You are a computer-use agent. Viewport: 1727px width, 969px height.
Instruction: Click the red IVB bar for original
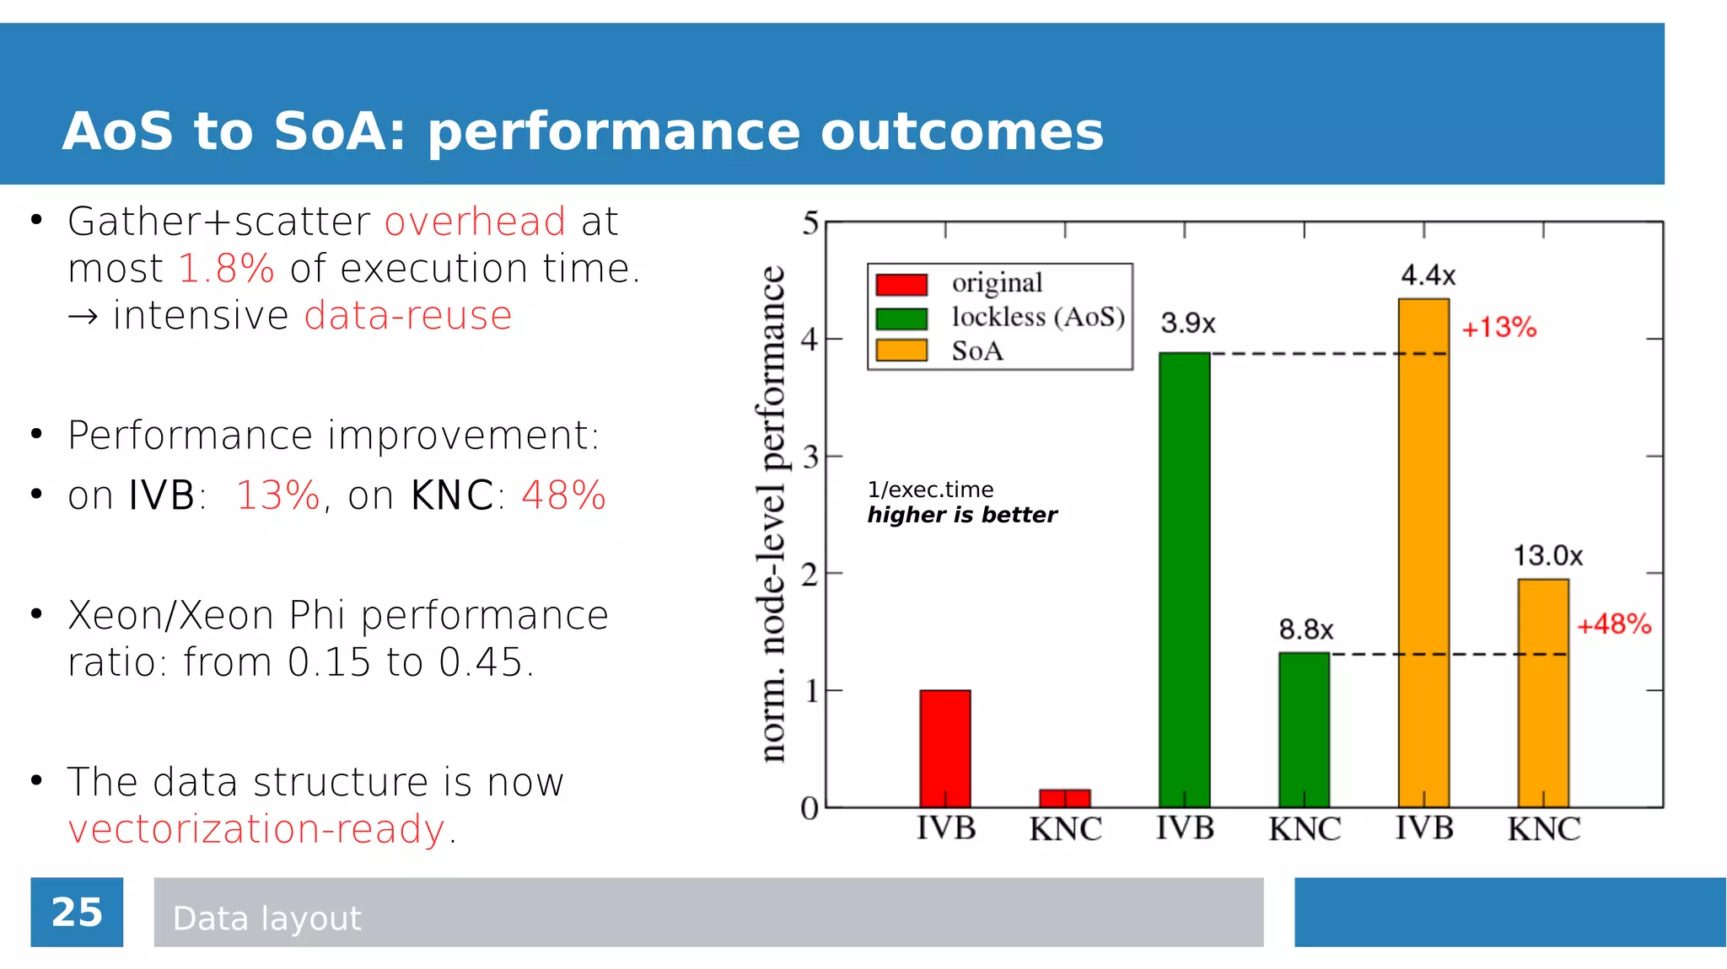click(944, 748)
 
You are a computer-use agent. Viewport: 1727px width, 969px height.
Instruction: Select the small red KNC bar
click(1064, 798)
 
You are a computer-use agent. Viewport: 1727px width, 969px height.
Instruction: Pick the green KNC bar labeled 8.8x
click(1304, 730)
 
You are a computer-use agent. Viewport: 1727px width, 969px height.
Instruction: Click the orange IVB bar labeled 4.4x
click(1423, 553)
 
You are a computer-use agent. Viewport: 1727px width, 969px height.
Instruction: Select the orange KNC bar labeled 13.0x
click(1543, 693)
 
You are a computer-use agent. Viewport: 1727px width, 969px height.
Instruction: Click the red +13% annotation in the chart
click(1498, 328)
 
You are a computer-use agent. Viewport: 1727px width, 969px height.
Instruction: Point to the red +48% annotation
click(1613, 624)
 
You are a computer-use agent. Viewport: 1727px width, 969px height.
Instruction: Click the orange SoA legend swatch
click(901, 351)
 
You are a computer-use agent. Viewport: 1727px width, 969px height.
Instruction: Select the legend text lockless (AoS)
click(1038, 317)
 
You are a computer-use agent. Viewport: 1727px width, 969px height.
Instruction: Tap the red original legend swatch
click(901, 284)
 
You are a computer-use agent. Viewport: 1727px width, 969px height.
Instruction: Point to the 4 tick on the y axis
click(810, 340)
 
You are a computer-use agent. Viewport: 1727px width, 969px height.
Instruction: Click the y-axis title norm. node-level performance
click(772, 514)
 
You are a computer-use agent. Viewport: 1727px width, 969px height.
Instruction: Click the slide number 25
click(77, 913)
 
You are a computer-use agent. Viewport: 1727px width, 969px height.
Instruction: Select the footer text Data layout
click(266, 918)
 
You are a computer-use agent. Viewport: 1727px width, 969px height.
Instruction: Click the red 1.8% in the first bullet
click(227, 269)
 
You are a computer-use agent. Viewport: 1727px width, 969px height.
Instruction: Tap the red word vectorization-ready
click(256, 829)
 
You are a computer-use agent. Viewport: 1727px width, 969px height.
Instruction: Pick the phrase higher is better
click(961, 515)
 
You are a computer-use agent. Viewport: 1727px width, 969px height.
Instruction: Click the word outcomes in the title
click(961, 131)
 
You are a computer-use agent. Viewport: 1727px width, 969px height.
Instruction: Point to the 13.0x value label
click(1547, 556)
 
